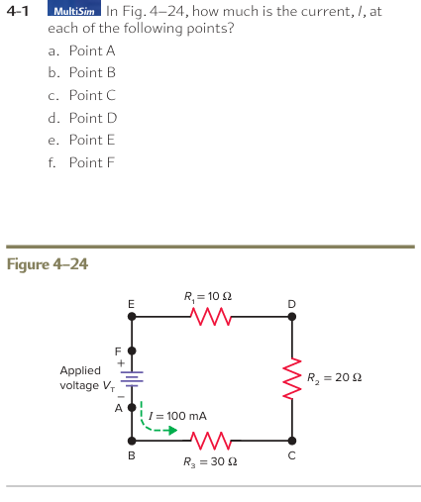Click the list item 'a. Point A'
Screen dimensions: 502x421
click(81, 50)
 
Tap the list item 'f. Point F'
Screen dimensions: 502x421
click(81, 162)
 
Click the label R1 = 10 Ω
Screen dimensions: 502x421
click(208, 295)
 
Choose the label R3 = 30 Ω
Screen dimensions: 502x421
click(208, 462)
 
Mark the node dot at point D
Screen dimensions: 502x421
click(290, 318)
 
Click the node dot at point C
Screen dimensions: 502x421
click(290, 440)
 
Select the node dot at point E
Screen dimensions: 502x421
click(131, 318)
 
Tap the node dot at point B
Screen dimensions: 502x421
click(131, 440)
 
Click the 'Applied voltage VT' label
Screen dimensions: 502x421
click(81, 377)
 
